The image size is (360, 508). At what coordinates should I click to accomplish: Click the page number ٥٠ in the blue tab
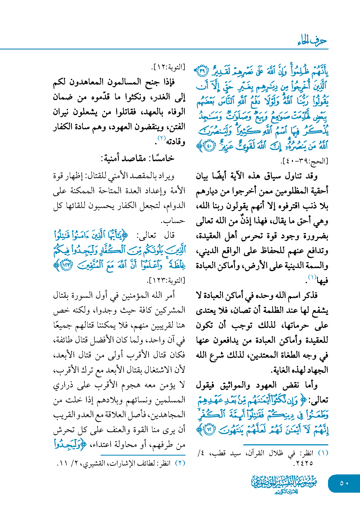point(344,483)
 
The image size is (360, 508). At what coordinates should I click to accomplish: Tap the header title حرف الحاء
point(312,41)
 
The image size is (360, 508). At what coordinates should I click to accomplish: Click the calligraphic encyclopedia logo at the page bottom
point(284,484)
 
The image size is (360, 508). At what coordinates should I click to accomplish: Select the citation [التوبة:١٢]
point(169,67)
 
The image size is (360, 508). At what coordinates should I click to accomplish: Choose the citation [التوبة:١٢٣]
point(166,281)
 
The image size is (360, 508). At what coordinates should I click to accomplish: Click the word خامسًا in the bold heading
point(163,158)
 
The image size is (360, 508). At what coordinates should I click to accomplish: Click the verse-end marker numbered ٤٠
point(209,146)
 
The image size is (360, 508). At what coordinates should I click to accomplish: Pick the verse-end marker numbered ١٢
point(209,429)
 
